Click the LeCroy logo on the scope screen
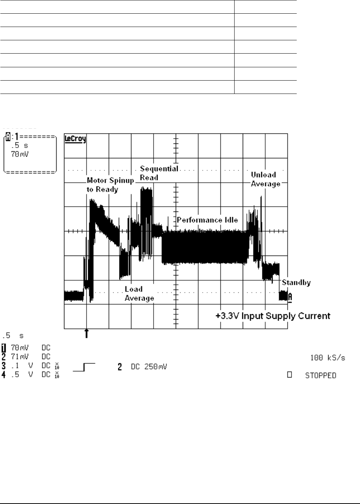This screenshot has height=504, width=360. pos(75,139)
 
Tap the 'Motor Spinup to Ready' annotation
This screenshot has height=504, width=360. pos(110,185)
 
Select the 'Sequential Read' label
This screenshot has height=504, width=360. pos(158,173)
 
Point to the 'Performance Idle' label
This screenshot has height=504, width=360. pos(207,220)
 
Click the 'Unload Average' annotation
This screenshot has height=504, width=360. pos(265,179)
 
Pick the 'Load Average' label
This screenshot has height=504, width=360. pos(139,294)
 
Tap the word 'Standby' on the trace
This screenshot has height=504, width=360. pos(296,283)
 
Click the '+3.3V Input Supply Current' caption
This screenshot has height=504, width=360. pos(273,316)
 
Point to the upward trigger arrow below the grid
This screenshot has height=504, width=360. pos(87,333)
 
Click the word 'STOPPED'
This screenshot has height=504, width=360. pos(320,376)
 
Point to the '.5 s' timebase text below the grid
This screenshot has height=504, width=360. pos(13,336)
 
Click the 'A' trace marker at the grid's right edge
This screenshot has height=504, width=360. pos(290,297)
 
